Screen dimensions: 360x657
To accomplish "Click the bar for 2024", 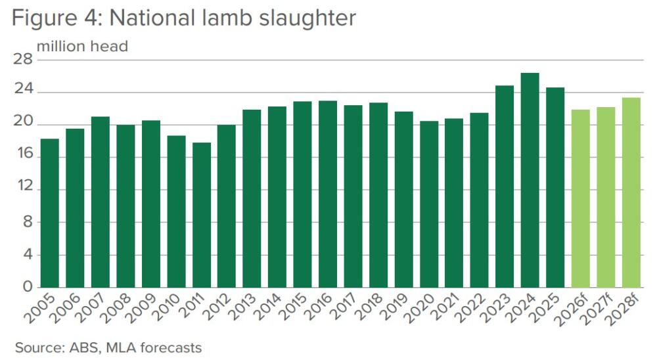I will (x=530, y=180).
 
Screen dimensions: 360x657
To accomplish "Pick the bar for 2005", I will (x=49, y=213).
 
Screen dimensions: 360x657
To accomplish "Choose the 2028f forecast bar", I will (x=631, y=192).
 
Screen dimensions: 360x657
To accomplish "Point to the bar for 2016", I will (x=327, y=194).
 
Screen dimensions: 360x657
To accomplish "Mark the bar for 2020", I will (x=428, y=204).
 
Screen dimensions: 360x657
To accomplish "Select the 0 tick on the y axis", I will (x=27, y=287).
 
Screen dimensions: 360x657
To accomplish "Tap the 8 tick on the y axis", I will (x=27, y=222).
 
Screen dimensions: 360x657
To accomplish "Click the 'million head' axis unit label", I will (x=82, y=47).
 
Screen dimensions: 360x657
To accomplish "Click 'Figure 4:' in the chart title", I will (x=57, y=18).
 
